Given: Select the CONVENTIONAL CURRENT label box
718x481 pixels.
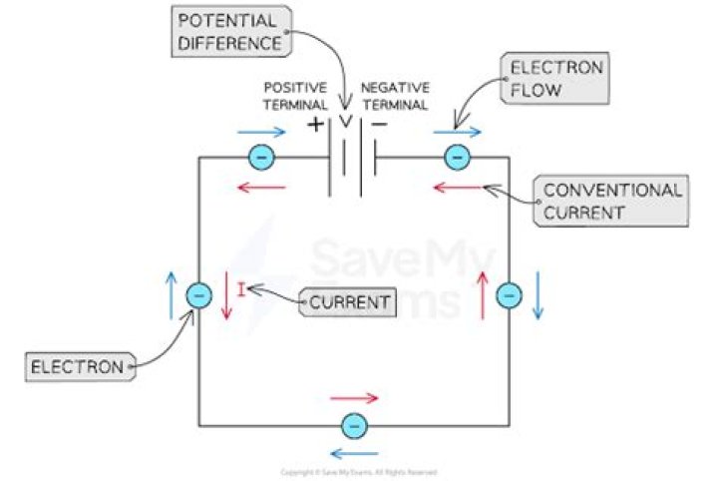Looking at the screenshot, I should click(x=612, y=201).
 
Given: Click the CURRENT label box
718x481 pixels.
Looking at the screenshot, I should click(x=345, y=300).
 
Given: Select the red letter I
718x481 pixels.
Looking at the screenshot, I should click(x=240, y=290).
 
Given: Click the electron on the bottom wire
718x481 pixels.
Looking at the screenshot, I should click(x=353, y=425).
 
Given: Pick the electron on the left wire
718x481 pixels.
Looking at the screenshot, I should click(x=199, y=295).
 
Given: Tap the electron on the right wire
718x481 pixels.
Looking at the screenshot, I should click(x=509, y=295).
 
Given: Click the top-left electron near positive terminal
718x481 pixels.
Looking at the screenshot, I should click(x=260, y=157).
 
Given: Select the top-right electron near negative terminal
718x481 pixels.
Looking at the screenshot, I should click(x=457, y=157).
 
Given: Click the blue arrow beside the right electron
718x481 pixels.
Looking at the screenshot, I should click(x=538, y=295).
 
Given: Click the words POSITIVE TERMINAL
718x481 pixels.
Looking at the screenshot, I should click(x=295, y=96).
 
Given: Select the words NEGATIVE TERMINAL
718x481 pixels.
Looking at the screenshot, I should click(x=396, y=96).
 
